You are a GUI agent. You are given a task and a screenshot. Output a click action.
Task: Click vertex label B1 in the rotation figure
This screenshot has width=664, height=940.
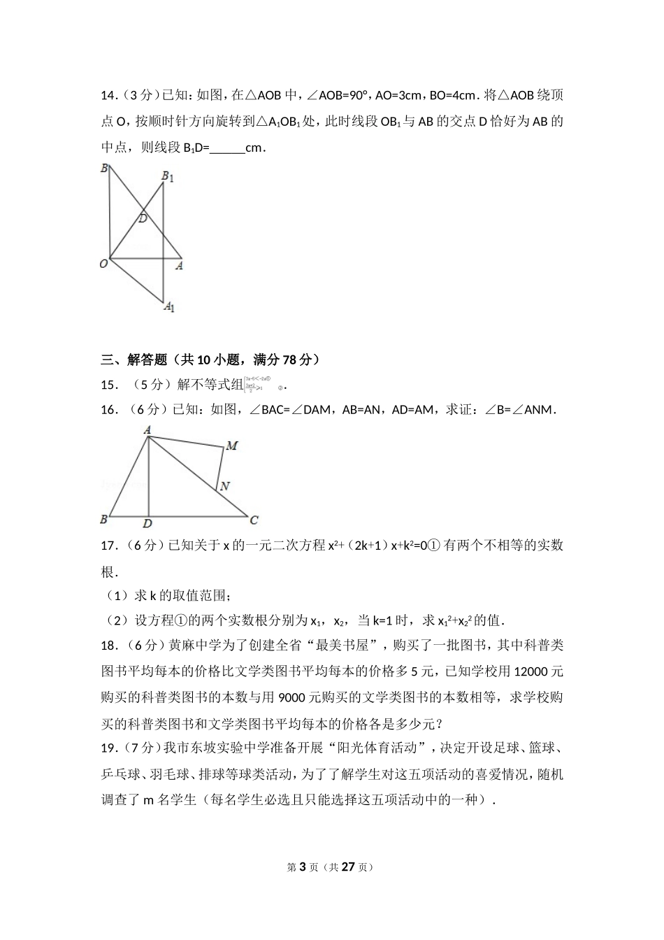(x=168, y=177)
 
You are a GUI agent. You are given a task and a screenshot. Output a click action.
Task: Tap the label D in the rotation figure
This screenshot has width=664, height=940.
(x=143, y=219)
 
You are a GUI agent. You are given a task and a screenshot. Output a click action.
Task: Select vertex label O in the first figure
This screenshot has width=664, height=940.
(x=104, y=264)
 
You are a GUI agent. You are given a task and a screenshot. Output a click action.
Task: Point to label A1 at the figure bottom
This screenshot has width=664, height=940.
(x=169, y=306)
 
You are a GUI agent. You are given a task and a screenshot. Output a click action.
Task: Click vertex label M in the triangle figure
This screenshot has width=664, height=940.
(x=231, y=446)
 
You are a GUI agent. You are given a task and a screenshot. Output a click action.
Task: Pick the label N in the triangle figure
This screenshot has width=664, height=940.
(x=225, y=486)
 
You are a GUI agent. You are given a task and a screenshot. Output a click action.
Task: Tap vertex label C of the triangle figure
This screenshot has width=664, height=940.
(x=254, y=520)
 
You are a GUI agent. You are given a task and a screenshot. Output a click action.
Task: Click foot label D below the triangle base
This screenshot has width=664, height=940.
(x=147, y=524)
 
